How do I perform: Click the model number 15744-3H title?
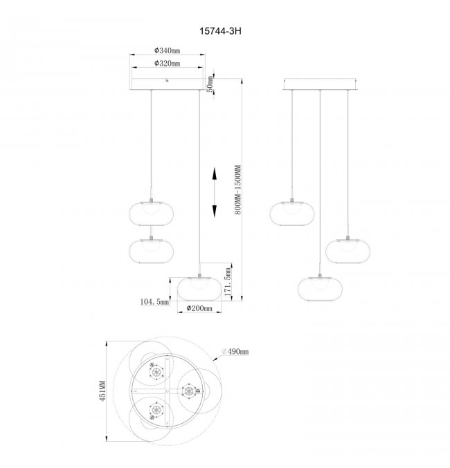[220, 31]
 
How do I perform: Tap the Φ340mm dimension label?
[167, 50]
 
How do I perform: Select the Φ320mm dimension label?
[167, 64]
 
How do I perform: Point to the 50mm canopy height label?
[210, 84]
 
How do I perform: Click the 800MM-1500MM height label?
[237, 189]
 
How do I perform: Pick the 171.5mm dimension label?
[228, 282]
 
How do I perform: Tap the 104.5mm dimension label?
[154, 302]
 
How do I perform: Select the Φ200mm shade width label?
[199, 308]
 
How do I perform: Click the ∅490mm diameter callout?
[235, 352]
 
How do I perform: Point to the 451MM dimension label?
[102, 391]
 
